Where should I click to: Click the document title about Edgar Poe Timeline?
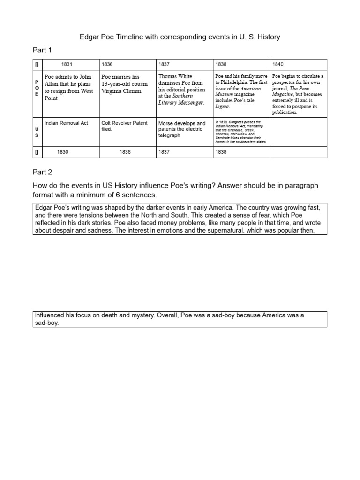point(180,37)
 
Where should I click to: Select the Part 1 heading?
point(43,50)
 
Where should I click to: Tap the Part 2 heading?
point(43,172)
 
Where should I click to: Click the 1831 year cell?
point(67,64)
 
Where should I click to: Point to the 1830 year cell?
point(62,152)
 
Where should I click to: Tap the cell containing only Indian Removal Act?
point(66,123)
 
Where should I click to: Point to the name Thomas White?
point(175,76)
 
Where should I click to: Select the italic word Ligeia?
point(222,106)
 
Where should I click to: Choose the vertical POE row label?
point(37,88)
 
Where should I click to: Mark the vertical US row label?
point(37,132)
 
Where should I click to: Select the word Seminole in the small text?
point(224,137)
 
